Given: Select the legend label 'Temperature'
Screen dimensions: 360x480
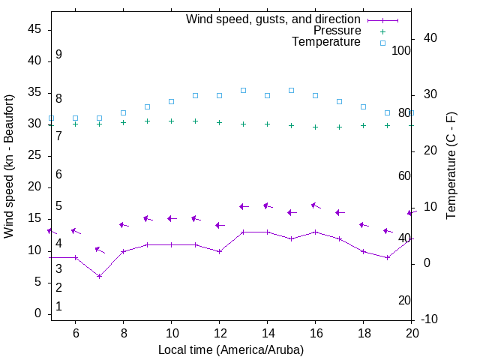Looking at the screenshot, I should coord(326,42).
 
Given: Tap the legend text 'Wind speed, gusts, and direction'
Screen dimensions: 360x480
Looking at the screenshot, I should coord(274,19).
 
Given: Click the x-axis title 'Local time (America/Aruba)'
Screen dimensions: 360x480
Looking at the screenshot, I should coord(231,350).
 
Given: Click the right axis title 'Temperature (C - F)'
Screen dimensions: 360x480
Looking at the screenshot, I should coord(451,166).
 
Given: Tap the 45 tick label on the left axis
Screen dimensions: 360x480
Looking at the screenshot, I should coord(35,29).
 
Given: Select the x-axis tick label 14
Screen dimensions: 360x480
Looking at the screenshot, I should coord(267,334).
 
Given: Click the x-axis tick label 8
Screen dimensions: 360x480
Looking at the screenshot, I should coord(123,334).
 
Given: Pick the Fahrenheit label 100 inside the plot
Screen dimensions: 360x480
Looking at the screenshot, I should coord(401,50).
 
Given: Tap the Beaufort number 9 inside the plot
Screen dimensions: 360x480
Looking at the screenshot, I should coord(58,55).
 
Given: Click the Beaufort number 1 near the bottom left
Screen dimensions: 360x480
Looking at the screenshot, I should coord(58,307).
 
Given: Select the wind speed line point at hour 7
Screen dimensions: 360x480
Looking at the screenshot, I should coord(99,276).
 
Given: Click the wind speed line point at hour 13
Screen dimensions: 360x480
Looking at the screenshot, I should coord(243,232).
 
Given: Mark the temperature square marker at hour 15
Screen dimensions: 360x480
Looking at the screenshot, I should coord(291,90).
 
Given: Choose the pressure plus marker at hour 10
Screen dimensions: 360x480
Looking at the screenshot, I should coord(171,121).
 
